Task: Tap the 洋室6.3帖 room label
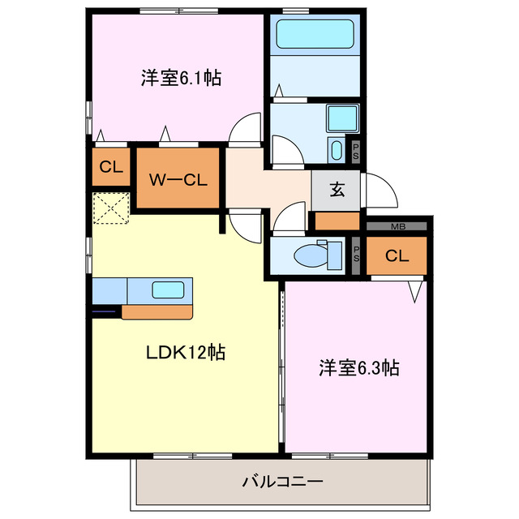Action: pyautogui.click(x=357, y=367)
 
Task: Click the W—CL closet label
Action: pyautogui.click(x=178, y=179)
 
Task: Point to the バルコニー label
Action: pyautogui.click(x=282, y=482)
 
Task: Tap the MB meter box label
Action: pyautogui.click(x=398, y=226)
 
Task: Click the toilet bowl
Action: pyautogui.click(x=311, y=256)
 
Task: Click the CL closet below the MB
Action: pyautogui.click(x=396, y=256)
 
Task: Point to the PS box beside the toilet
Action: pyautogui.click(x=356, y=256)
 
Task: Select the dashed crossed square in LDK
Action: pyautogui.click(x=111, y=208)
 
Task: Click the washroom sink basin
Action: pyautogui.click(x=337, y=150)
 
